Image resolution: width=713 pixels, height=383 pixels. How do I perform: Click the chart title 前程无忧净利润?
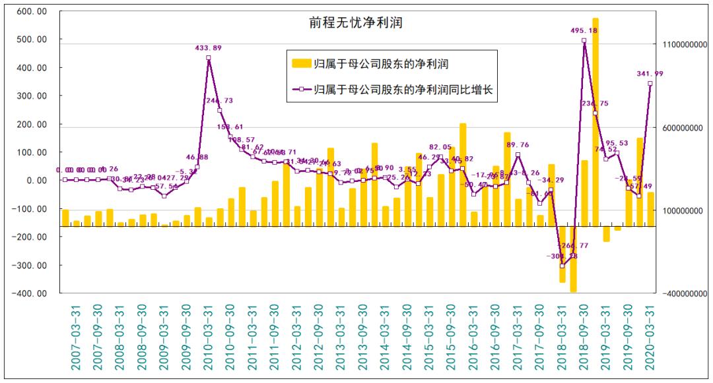[347, 23]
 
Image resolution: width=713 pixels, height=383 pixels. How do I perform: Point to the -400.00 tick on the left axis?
[29, 293]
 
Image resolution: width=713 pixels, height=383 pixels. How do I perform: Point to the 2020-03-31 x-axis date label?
[650, 336]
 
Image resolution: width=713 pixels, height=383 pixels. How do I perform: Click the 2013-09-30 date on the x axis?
[363, 336]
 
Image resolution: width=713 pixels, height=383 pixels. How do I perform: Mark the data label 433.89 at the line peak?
[209, 47]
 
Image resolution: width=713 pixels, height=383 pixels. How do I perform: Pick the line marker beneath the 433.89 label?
[209, 58]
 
